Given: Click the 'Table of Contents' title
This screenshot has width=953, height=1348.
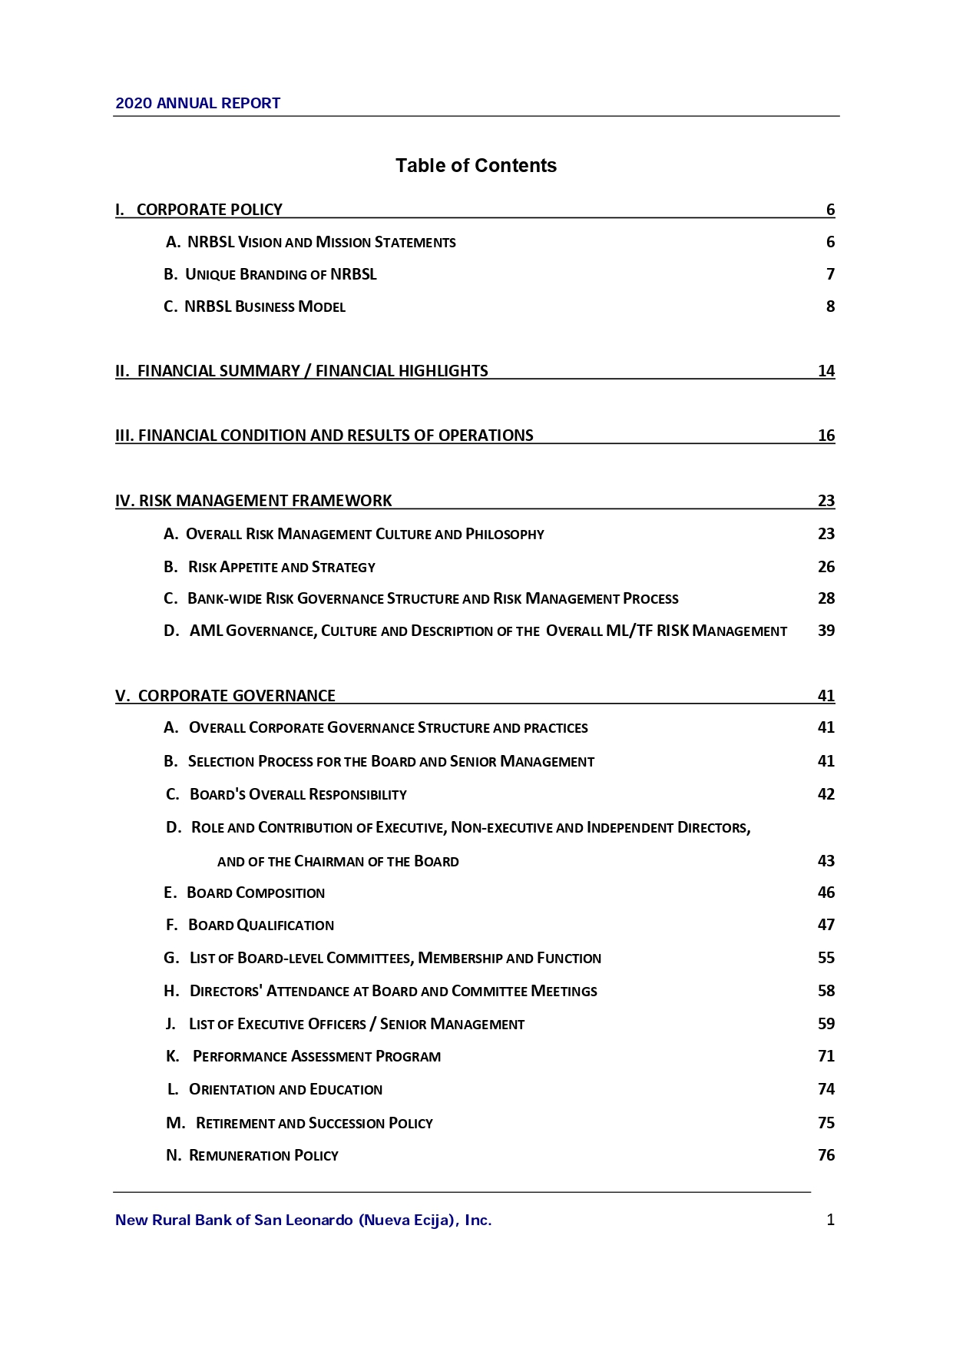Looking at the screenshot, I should pyautogui.click(x=475, y=165).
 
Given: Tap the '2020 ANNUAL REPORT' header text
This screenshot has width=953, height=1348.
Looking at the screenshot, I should pyautogui.click(x=197, y=103).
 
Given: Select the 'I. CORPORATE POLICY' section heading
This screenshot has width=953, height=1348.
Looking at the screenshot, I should pyautogui.click(x=199, y=210).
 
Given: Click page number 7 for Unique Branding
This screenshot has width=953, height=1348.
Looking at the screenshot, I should pyautogui.click(x=830, y=274).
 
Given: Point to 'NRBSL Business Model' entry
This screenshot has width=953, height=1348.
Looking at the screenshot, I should pyautogui.click(x=264, y=306).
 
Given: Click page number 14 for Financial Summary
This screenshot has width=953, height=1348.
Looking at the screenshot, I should pyautogui.click(x=826, y=371).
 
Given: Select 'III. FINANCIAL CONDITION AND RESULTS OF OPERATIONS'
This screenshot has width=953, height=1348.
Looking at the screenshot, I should pyautogui.click(x=324, y=436).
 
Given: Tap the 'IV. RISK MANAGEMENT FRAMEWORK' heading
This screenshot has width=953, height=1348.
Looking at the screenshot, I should pyautogui.click(x=253, y=501).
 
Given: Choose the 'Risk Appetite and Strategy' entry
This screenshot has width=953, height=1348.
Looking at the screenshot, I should pyautogui.click(x=281, y=567).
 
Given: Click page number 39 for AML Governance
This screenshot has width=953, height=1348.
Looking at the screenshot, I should pyautogui.click(x=826, y=631).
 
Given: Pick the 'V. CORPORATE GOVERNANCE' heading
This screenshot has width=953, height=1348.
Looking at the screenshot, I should pyautogui.click(x=225, y=696).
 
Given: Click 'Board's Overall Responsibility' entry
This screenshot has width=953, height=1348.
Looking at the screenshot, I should pyautogui.click(x=298, y=794).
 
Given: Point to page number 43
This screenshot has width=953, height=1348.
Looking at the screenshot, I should pyautogui.click(x=826, y=861).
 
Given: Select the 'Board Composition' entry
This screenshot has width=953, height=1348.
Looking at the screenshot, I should pyautogui.click(x=256, y=893).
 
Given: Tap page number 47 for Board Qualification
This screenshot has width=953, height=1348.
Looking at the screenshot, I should pyautogui.click(x=826, y=925).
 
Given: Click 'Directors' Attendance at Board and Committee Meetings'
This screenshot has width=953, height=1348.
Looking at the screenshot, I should pyautogui.click(x=393, y=991).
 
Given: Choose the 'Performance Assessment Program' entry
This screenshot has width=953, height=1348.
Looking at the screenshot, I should pyautogui.click(x=316, y=1056).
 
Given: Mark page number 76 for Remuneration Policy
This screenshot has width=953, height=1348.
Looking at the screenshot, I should pyautogui.click(x=826, y=1155).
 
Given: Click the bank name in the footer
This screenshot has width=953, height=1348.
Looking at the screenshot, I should pyautogui.click(x=303, y=1220).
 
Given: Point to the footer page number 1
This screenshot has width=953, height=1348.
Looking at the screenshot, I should pyautogui.click(x=830, y=1220).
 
